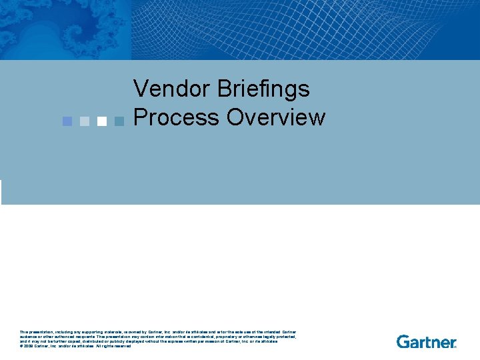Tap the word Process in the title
[177, 117]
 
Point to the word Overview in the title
[276, 117]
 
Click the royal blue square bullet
[67, 121]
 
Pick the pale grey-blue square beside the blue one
[84, 121]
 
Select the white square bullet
[101, 121]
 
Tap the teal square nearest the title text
[119, 121]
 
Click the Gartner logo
[427, 341]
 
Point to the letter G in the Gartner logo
[403, 341]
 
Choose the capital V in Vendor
[141, 89]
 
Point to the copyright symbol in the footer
[21, 346]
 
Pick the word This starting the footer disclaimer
[25, 332]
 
